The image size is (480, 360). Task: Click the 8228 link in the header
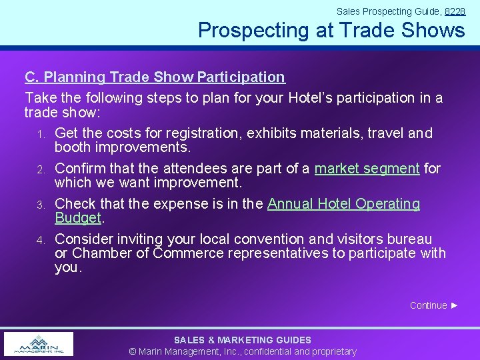[x=455, y=11]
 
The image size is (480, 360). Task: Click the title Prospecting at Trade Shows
[x=331, y=30]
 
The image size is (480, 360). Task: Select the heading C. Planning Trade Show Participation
[x=155, y=77]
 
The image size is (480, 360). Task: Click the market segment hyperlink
[x=367, y=169]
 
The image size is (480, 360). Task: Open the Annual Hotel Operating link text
[x=343, y=204]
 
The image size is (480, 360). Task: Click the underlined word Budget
[x=77, y=218]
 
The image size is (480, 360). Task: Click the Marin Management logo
[x=39, y=344]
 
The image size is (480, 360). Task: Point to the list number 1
[x=41, y=135]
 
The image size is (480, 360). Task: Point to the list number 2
[x=41, y=170]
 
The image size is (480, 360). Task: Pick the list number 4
[x=41, y=240]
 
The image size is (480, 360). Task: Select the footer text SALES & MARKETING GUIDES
[x=243, y=340]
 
